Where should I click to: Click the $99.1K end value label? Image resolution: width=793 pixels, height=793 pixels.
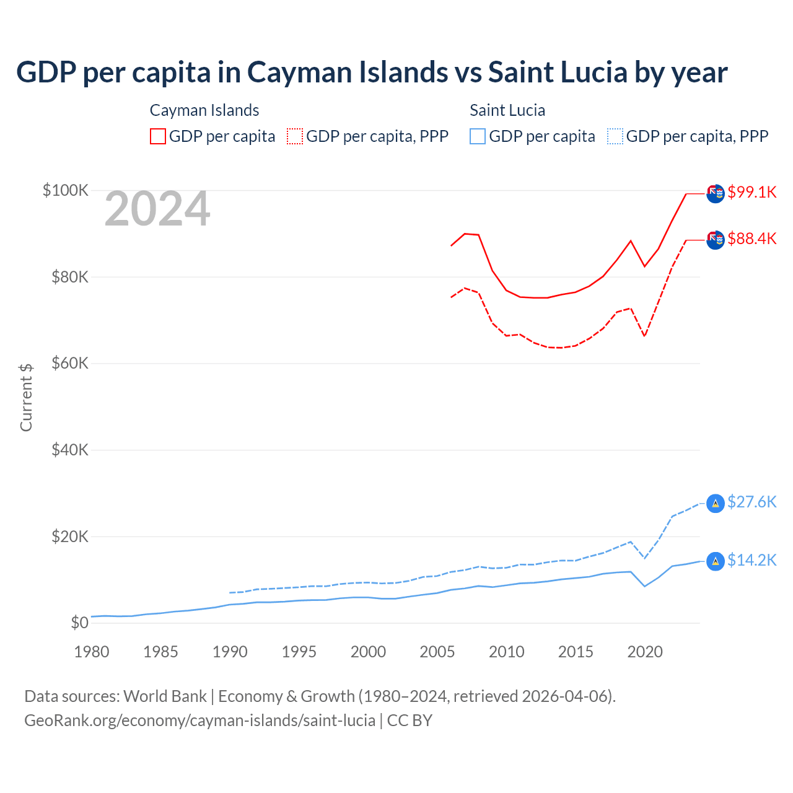click(751, 192)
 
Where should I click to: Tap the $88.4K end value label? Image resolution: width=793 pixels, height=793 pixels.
click(751, 239)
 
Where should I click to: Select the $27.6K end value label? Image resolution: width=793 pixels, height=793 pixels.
click(751, 502)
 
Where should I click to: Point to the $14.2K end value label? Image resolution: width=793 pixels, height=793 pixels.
click(751, 560)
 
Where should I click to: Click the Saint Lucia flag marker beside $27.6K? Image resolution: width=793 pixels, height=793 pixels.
click(716, 503)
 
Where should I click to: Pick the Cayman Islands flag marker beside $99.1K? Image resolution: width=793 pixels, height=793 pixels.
click(716, 193)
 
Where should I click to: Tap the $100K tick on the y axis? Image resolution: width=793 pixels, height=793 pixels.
click(66, 190)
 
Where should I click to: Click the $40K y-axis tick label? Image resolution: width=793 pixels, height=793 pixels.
click(70, 450)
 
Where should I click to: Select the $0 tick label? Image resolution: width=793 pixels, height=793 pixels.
click(79, 623)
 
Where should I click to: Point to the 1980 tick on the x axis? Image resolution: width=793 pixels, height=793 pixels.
click(92, 652)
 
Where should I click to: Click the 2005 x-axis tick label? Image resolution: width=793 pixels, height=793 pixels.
click(437, 652)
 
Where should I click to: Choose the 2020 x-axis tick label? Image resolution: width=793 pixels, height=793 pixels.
click(645, 652)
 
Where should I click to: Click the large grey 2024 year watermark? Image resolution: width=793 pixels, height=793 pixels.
click(157, 209)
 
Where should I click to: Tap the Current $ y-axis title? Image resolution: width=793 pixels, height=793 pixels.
click(26, 397)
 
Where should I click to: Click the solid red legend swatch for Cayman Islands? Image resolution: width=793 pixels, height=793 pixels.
click(158, 136)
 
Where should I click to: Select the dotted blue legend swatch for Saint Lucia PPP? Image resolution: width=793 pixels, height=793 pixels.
click(615, 136)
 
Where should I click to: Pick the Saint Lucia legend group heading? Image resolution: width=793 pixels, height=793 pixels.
click(507, 110)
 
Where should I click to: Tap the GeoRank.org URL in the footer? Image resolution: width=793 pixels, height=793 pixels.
click(199, 721)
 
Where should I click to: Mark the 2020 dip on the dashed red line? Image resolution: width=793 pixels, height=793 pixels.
click(645, 336)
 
